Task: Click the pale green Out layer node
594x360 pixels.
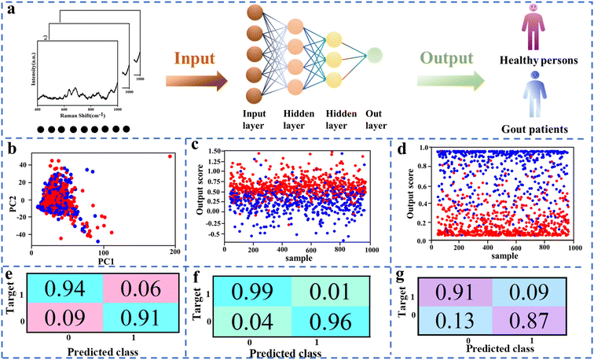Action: [x=376, y=54]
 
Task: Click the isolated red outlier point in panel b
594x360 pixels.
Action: [x=169, y=156]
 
